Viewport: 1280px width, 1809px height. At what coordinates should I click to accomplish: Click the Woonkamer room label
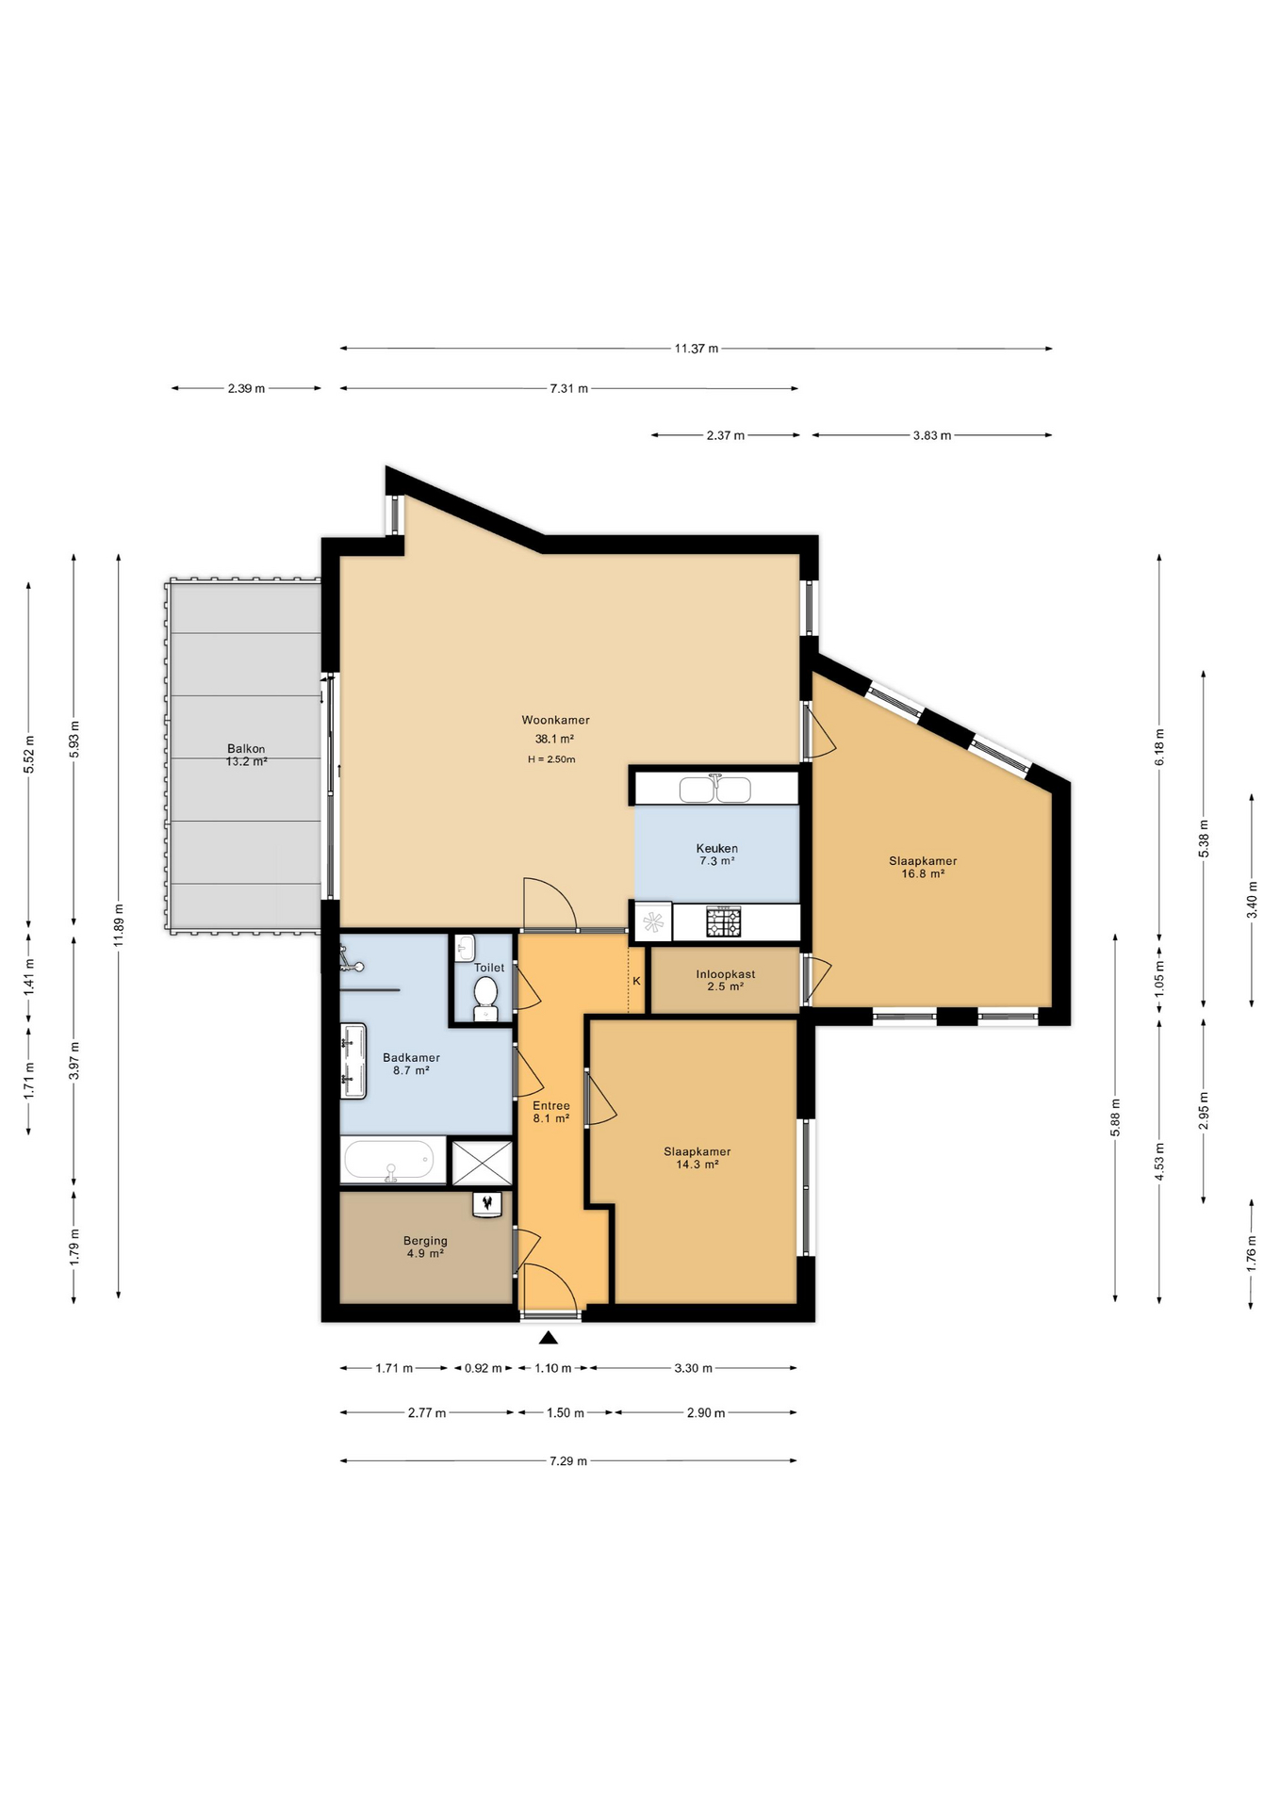coord(555,720)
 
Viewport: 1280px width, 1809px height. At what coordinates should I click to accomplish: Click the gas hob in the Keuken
coord(724,921)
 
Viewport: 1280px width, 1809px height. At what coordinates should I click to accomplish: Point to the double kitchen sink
coord(715,788)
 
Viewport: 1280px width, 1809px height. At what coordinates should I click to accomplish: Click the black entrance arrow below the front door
coord(549,1337)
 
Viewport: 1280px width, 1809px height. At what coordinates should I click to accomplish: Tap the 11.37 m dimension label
coord(697,349)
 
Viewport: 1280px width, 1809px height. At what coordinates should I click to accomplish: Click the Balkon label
coord(246,749)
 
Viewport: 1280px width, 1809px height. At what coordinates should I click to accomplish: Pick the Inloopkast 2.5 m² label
coord(726,981)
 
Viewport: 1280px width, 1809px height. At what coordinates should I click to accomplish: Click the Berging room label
coord(425,1241)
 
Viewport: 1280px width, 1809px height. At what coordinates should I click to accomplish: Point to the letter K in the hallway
coord(637,981)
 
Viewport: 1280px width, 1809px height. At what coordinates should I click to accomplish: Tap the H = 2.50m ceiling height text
coord(551,759)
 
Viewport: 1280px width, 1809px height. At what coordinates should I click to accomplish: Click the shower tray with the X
coord(483,1162)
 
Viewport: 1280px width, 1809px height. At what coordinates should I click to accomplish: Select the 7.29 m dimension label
coord(568,1460)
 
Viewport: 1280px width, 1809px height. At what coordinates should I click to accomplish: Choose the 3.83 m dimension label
coord(932,435)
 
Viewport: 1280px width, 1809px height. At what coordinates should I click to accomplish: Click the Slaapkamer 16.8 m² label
coord(923,867)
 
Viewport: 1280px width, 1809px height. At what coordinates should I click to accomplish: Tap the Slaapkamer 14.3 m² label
coord(697,1158)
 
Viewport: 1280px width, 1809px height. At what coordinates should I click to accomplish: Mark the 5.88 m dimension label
coord(1115,1117)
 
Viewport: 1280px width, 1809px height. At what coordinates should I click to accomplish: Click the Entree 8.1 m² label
coord(551,1112)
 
